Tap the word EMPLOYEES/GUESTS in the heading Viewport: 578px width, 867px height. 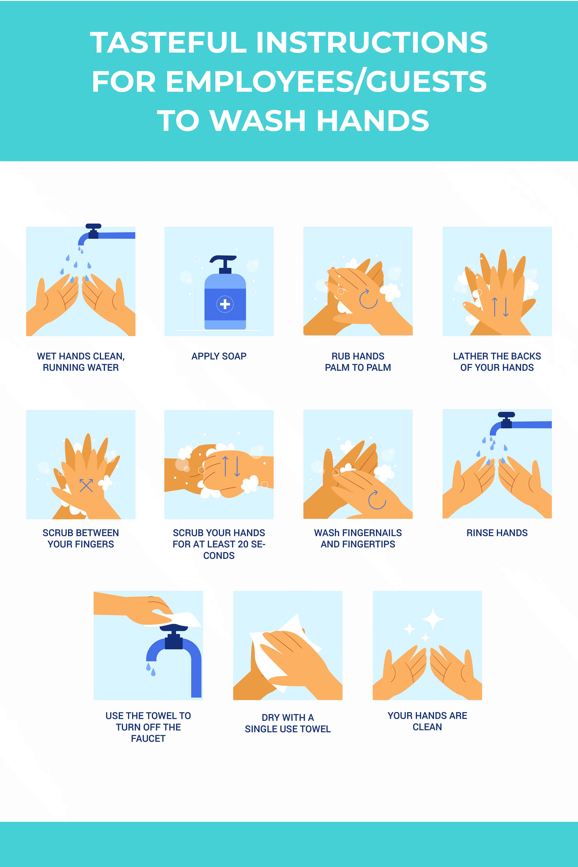click(326, 81)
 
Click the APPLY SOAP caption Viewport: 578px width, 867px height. click(219, 356)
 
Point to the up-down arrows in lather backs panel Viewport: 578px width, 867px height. click(500, 307)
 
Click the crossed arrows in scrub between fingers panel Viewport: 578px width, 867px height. click(86, 486)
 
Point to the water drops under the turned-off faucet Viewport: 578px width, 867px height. click(151, 669)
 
